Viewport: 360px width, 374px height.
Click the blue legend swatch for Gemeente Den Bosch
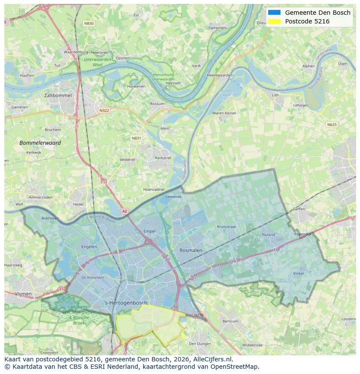[275, 13]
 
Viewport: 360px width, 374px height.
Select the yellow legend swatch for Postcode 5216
[275, 21]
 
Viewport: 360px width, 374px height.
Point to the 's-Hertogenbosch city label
[126, 303]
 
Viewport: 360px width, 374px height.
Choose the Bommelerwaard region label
[40, 142]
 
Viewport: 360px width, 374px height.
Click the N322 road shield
[104, 110]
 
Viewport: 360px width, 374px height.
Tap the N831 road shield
[137, 138]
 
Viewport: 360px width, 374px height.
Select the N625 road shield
[331, 125]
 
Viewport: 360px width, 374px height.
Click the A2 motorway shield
[125, 211]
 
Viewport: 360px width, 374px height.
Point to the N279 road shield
[198, 315]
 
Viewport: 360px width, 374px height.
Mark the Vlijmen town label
[23, 294]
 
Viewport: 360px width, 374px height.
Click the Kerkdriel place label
[163, 158]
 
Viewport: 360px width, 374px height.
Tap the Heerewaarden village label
[220, 75]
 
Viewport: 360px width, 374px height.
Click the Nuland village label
[268, 235]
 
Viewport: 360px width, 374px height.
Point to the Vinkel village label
[298, 273]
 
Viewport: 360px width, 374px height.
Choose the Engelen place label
[89, 247]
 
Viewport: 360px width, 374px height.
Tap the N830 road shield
[89, 23]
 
